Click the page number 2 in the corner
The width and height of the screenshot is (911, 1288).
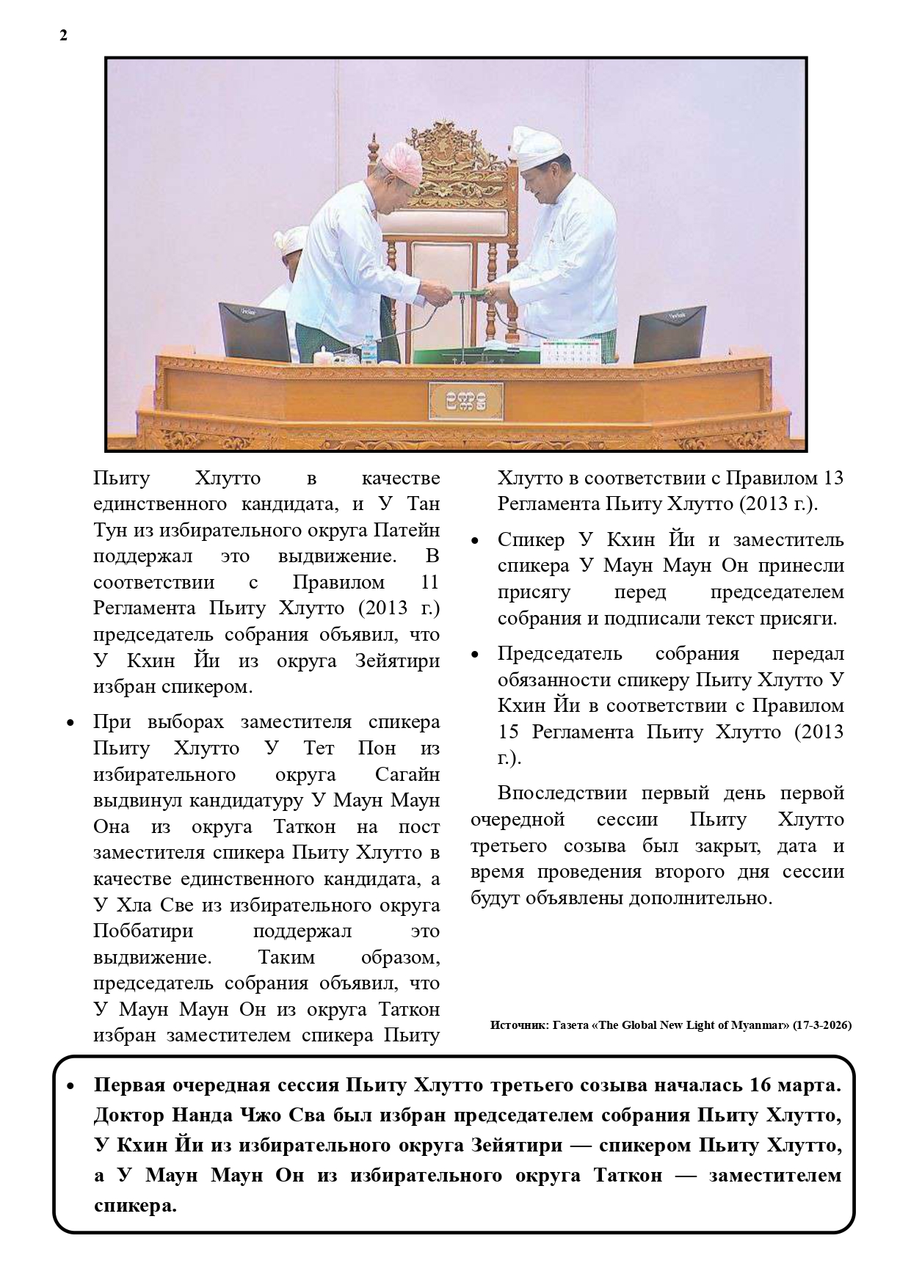[x=63, y=36]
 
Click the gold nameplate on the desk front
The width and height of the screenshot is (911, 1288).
[x=465, y=399]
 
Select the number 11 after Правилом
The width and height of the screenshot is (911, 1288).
[x=429, y=583]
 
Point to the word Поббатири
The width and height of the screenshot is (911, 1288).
[x=143, y=931]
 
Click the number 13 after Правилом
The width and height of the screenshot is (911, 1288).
[x=834, y=479]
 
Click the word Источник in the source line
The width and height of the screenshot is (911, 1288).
[x=516, y=1025]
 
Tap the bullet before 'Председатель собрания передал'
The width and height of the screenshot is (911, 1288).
[x=474, y=655]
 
